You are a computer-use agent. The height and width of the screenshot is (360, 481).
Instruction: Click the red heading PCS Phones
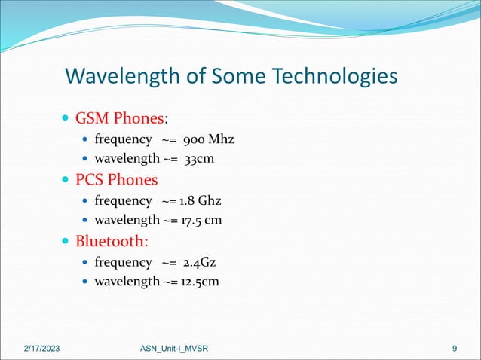[x=116, y=180]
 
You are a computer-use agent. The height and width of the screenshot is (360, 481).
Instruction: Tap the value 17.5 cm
[x=202, y=221]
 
